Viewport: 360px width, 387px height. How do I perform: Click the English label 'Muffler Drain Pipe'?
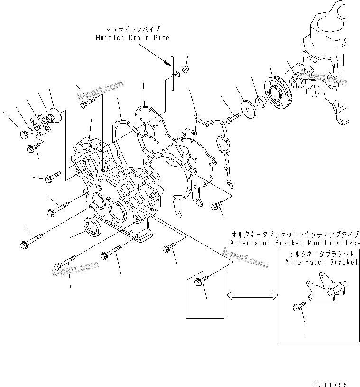132,38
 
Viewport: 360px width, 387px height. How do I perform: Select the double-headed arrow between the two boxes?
252,295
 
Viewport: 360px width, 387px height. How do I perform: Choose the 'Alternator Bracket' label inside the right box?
321,263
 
